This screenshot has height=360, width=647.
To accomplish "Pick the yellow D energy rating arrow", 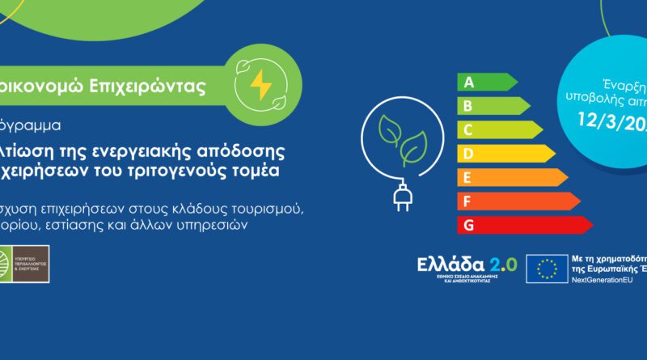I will click(505, 153).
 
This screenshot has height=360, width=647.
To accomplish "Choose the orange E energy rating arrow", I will click(512, 177).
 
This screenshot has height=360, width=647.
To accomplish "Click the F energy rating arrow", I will click(518, 201).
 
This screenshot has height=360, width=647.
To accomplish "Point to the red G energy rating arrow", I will click(524, 224).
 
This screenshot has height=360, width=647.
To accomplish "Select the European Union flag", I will click(546, 269).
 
